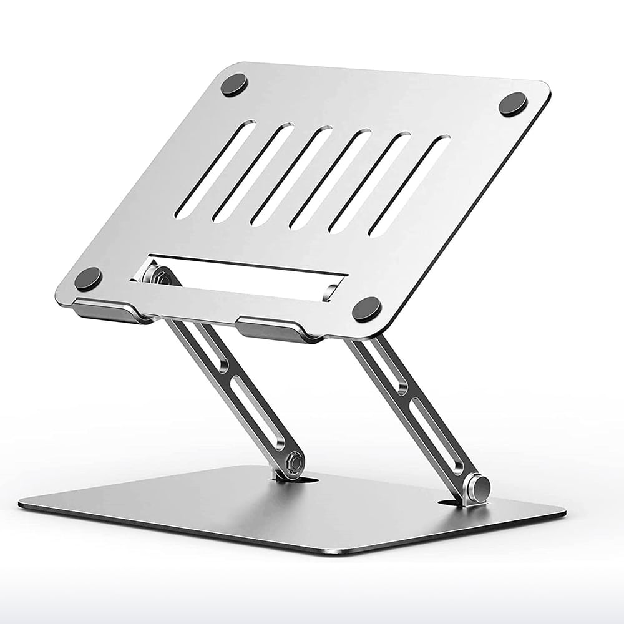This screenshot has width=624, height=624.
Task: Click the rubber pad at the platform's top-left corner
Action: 235,85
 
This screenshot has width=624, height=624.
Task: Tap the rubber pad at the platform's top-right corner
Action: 513,104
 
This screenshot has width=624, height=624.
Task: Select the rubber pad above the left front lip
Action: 88,278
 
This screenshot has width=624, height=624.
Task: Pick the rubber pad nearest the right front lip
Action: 366,309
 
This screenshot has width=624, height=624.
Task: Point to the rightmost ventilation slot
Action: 409,185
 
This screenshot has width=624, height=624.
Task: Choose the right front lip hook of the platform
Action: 280,329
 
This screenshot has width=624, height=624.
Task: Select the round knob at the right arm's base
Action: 479,487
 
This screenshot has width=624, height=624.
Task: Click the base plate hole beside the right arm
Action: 451,502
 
